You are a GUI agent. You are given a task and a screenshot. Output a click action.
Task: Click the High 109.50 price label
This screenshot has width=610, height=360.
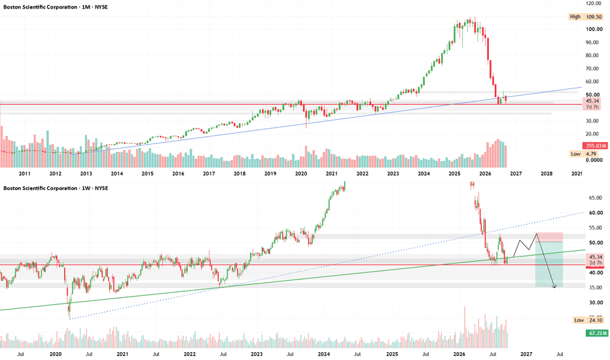click(x=586, y=17)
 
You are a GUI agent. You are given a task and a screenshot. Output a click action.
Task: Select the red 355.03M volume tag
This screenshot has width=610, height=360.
click(x=596, y=145)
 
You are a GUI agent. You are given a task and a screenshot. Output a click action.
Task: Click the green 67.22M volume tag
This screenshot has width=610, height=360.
click(x=597, y=333)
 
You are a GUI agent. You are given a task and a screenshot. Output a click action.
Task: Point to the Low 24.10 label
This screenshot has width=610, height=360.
click(x=588, y=320)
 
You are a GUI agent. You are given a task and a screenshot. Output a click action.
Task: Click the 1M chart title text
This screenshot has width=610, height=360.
click(x=56, y=7)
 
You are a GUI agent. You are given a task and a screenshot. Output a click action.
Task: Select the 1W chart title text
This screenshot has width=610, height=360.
click(x=56, y=189)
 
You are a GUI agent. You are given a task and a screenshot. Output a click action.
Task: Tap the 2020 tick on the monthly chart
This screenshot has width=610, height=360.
click(x=301, y=173)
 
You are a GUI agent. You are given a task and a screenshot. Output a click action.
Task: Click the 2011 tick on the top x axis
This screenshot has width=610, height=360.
click(x=24, y=173)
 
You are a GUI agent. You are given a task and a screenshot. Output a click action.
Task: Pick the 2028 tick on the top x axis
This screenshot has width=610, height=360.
click(x=547, y=173)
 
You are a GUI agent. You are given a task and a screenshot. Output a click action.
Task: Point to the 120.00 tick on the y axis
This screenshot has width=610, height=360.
click(x=594, y=3)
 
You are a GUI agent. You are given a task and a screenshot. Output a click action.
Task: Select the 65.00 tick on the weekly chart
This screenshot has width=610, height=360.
click(x=596, y=198)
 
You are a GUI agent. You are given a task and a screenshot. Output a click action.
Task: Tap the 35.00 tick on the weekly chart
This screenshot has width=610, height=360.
click(x=596, y=287)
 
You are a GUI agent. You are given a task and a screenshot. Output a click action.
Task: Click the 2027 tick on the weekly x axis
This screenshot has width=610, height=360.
click(x=526, y=354)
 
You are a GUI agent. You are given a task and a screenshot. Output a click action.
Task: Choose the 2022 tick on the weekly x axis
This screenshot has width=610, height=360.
click(x=189, y=354)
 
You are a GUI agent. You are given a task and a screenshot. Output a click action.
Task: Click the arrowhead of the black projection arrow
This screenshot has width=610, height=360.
click(x=555, y=287)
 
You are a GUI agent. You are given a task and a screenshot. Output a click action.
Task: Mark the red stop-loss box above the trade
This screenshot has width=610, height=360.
click(x=549, y=237)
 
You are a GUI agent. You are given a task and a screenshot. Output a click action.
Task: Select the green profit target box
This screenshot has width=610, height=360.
click(x=549, y=264)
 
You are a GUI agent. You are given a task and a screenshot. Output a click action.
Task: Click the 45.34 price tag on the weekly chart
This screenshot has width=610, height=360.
click(x=596, y=257)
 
